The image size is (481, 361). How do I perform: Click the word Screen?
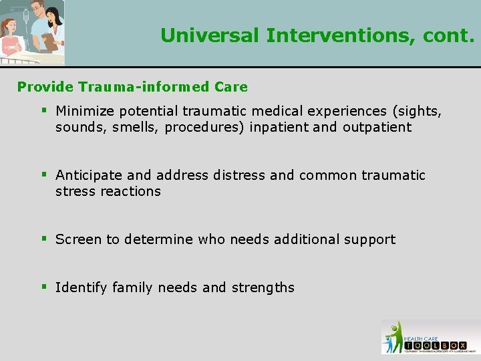pos(75,239)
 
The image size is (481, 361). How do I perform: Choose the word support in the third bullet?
pos(370,239)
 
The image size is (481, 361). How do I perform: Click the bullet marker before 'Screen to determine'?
pos(43,239)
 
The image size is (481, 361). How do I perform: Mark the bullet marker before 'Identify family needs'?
pos(43,287)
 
